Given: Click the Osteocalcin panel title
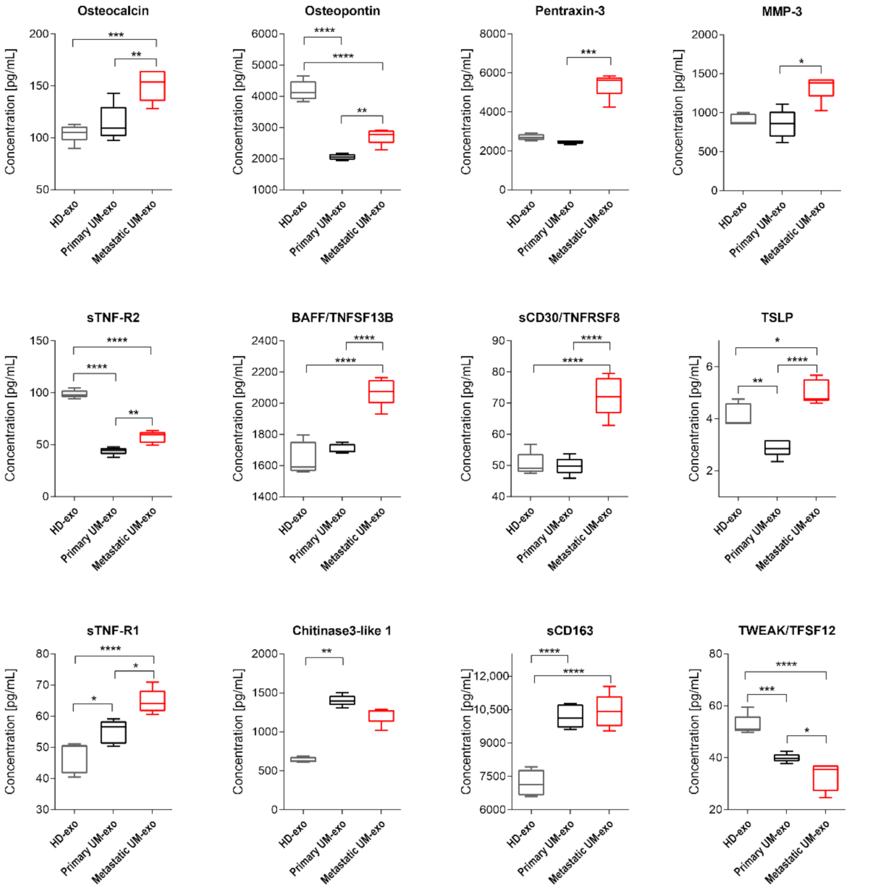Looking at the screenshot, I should click(x=113, y=11).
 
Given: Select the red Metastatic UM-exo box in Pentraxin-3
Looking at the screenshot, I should click(x=609, y=86).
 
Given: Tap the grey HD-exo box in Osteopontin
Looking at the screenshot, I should click(x=304, y=90).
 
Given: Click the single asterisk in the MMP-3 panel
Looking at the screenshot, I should click(x=801, y=62).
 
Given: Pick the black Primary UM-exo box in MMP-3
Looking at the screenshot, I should click(x=782, y=124).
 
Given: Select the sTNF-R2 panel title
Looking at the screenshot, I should click(x=113, y=317).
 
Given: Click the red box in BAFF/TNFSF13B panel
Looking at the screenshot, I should click(x=381, y=392).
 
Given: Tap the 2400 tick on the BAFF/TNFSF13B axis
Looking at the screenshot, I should click(x=264, y=341).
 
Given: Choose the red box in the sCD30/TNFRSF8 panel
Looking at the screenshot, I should click(x=609, y=396).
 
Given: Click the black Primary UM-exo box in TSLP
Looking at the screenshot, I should click(x=777, y=448).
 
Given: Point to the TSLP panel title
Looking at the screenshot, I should click(x=777, y=317).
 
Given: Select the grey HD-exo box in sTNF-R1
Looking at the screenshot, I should click(x=74, y=759).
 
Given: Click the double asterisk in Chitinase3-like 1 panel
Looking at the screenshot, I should click(x=326, y=652).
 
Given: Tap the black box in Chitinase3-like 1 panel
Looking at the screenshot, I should click(x=343, y=700).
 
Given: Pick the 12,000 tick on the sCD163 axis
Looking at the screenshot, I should click(x=491, y=676).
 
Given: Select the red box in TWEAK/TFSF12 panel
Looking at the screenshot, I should click(x=825, y=778).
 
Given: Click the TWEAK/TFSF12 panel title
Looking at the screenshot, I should click(x=787, y=630).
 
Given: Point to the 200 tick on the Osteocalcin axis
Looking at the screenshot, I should click(x=39, y=34).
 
